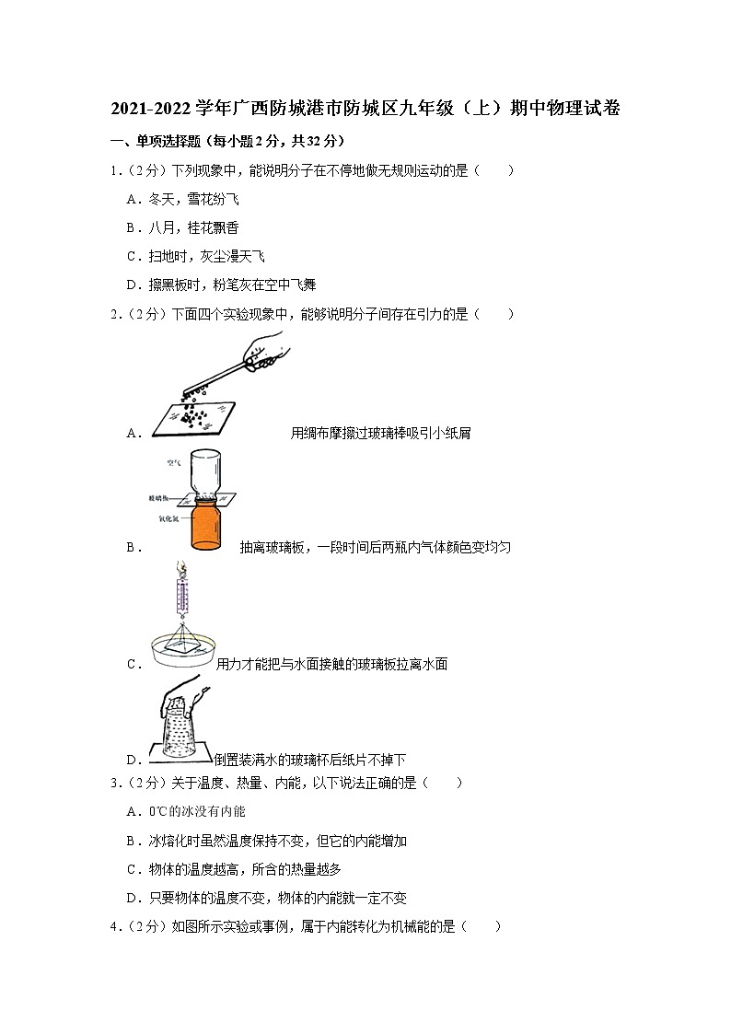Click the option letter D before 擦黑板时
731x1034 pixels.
[x=132, y=285]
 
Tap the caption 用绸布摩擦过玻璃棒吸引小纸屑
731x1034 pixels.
[x=380, y=433]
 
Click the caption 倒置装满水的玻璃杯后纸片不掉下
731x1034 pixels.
[x=309, y=760]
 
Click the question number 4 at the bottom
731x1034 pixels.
[x=114, y=927]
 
